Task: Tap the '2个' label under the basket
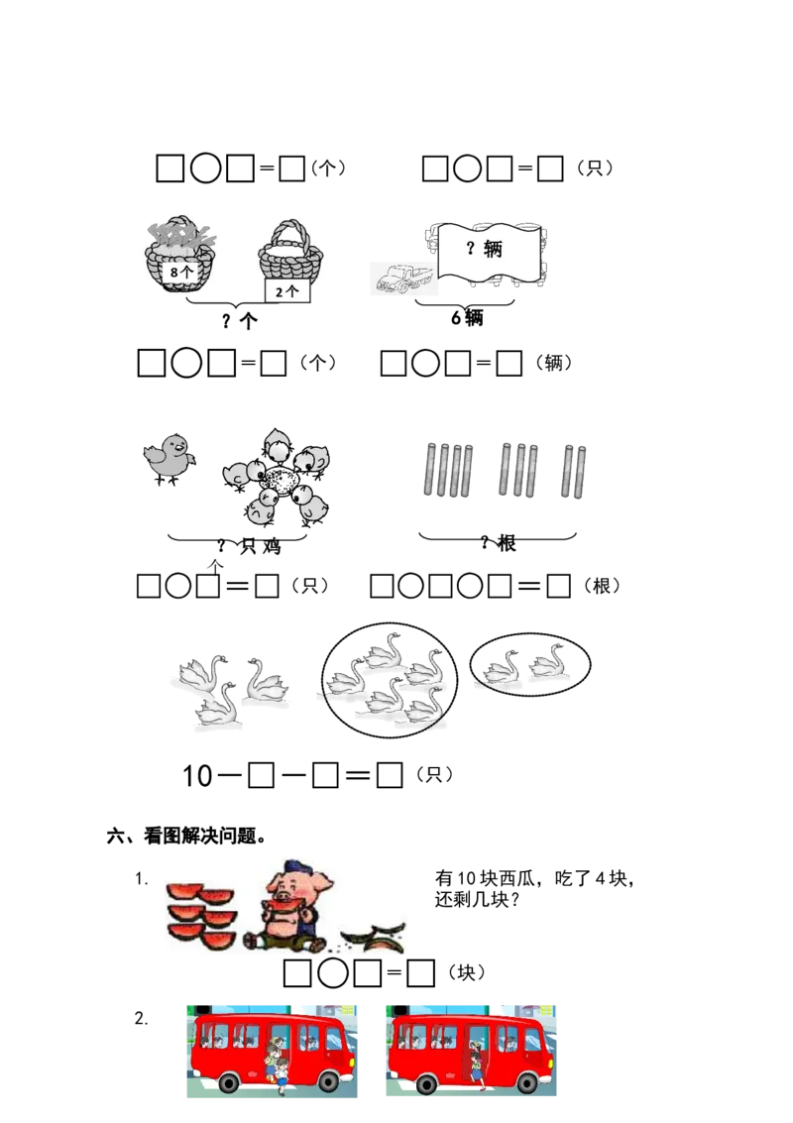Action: [286, 291]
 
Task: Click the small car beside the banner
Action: [393, 281]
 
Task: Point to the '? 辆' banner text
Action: [485, 249]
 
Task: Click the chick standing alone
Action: [169, 461]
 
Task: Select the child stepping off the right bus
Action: [479, 1067]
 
